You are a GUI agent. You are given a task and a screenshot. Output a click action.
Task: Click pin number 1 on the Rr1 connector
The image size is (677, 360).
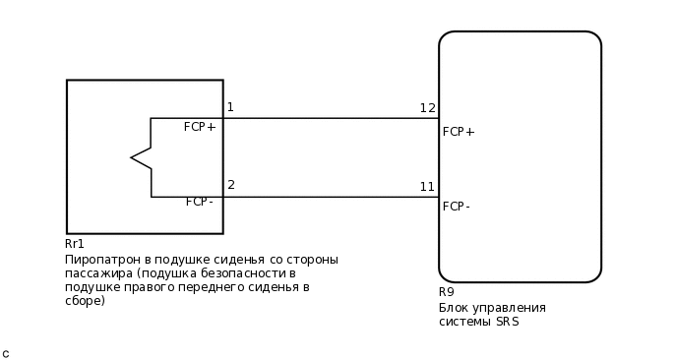230,107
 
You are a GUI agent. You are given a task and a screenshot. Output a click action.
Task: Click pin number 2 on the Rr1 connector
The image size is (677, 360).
231,185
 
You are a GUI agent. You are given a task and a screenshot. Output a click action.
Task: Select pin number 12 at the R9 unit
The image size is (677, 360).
427,108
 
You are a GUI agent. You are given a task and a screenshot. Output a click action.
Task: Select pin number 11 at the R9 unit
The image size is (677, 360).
427,187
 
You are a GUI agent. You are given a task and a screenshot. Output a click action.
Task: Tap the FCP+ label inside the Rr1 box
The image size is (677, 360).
200,127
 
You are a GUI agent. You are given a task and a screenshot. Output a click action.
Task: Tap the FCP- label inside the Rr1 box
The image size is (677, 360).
200,202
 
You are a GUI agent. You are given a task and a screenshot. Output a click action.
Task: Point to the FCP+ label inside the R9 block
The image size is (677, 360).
459,132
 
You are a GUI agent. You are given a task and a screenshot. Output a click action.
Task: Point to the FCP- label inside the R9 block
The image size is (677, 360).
457,207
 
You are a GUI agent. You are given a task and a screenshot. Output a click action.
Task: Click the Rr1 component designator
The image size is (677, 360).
75,244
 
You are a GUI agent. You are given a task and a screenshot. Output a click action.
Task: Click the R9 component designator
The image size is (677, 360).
447,292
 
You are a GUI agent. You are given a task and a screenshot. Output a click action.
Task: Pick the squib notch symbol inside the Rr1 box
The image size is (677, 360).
141,157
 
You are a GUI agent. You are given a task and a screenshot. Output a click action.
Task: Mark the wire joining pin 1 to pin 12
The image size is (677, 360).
330,118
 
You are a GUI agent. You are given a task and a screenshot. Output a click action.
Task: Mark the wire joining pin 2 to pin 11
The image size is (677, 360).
330,197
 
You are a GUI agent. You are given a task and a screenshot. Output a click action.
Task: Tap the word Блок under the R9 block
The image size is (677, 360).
455,308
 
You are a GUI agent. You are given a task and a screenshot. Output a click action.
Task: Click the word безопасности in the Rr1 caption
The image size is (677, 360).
240,273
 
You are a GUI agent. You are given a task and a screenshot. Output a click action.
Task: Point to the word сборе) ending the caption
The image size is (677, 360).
85,301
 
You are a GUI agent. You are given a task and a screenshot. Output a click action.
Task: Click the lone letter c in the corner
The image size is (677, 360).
6,353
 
